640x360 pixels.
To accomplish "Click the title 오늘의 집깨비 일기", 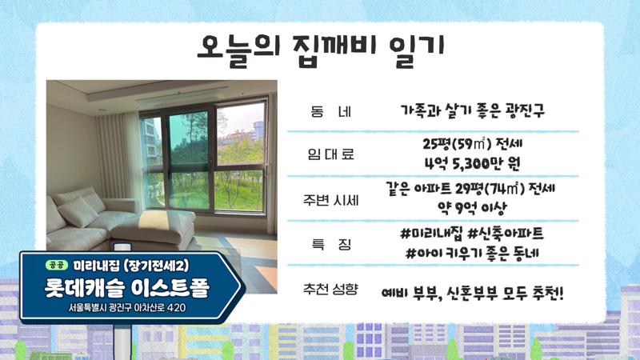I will (x=320, y=47).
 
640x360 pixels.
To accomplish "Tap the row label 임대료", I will (x=330, y=154).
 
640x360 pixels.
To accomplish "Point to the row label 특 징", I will (x=330, y=242).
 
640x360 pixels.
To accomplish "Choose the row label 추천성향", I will (x=330, y=287).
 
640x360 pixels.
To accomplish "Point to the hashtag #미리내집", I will (x=431, y=233).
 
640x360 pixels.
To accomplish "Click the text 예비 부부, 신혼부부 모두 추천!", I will (x=472, y=294).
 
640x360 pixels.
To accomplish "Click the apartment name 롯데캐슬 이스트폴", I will (x=129, y=287).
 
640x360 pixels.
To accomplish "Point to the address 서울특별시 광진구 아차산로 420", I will (x=128, y=309).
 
